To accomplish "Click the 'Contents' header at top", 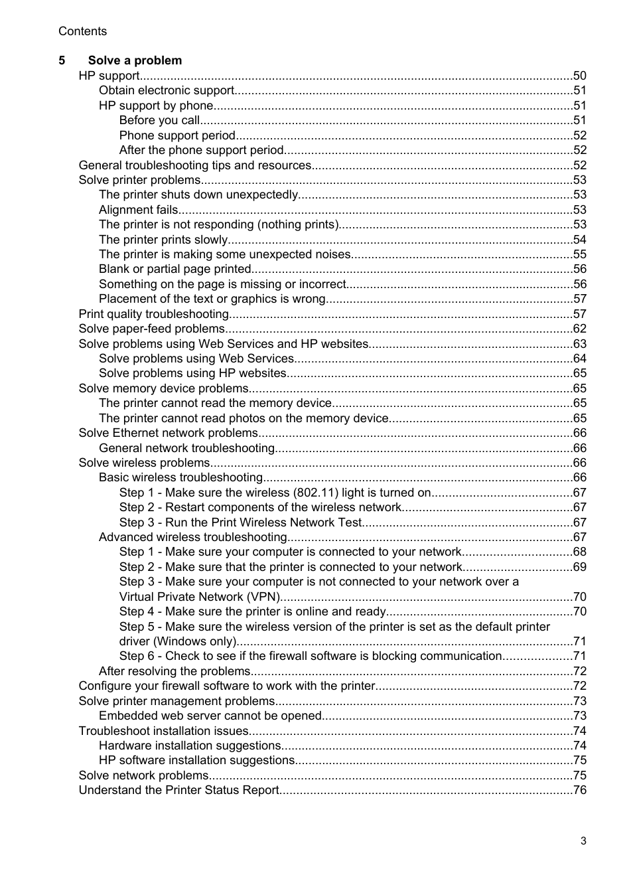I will (82, 31).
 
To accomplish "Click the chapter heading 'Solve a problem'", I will (135, 60).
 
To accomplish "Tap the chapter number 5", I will (62, 60).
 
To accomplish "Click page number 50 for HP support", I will (579, 76).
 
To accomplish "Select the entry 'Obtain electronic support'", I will (167, 90).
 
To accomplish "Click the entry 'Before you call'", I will (159, 120).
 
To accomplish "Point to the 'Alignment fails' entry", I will (138, 210).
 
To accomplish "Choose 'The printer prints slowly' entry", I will (163, 240).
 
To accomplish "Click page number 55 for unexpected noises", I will (579, 254).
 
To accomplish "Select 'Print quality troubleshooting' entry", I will (154, 314).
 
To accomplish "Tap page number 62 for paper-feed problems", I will (579, 329).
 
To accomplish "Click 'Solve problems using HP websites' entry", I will (192, 373).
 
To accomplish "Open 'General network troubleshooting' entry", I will (186, 448).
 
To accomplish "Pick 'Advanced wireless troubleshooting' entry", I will (192, 537).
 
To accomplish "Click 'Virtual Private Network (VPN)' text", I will (200, 597).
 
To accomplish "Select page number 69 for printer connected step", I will (579, 567).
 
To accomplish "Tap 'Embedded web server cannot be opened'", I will (210, 716).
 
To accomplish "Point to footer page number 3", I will (583, 840).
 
